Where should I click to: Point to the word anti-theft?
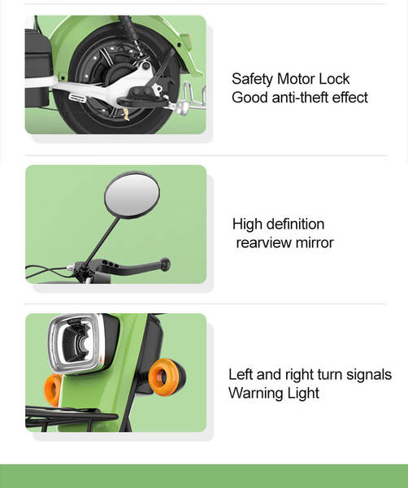(x=300, y=98)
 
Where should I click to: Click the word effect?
(x=350, y=98)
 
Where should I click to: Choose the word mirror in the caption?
(x=315, y=242)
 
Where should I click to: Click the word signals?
(x=369, y=375)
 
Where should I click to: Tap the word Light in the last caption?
(x=303, y=394)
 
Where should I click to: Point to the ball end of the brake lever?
(x=165, y=264)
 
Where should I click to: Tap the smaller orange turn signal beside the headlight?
(x=53, y=390)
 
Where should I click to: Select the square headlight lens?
(x=76, y=344)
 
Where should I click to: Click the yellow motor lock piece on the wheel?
(x=126, y=115)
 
